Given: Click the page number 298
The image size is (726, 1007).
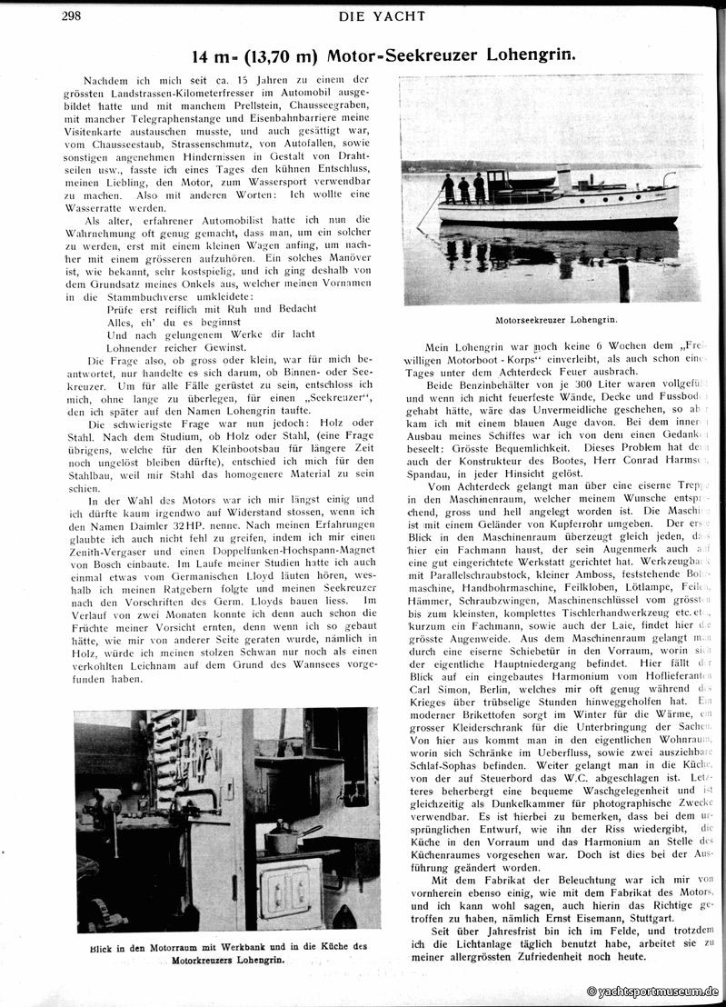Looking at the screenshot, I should tap(73, 15).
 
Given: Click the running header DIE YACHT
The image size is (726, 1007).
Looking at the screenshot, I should tap(381, 15).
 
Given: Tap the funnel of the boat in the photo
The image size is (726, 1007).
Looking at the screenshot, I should tap(563, 179).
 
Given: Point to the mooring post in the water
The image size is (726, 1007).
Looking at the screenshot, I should tap(623, 283).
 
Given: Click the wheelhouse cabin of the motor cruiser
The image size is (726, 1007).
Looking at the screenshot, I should tap(499, 185).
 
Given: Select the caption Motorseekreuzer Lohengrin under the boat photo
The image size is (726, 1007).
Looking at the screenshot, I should tap(556, 320).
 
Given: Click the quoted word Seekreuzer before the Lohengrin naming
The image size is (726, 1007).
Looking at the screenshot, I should tap(323, 398).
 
